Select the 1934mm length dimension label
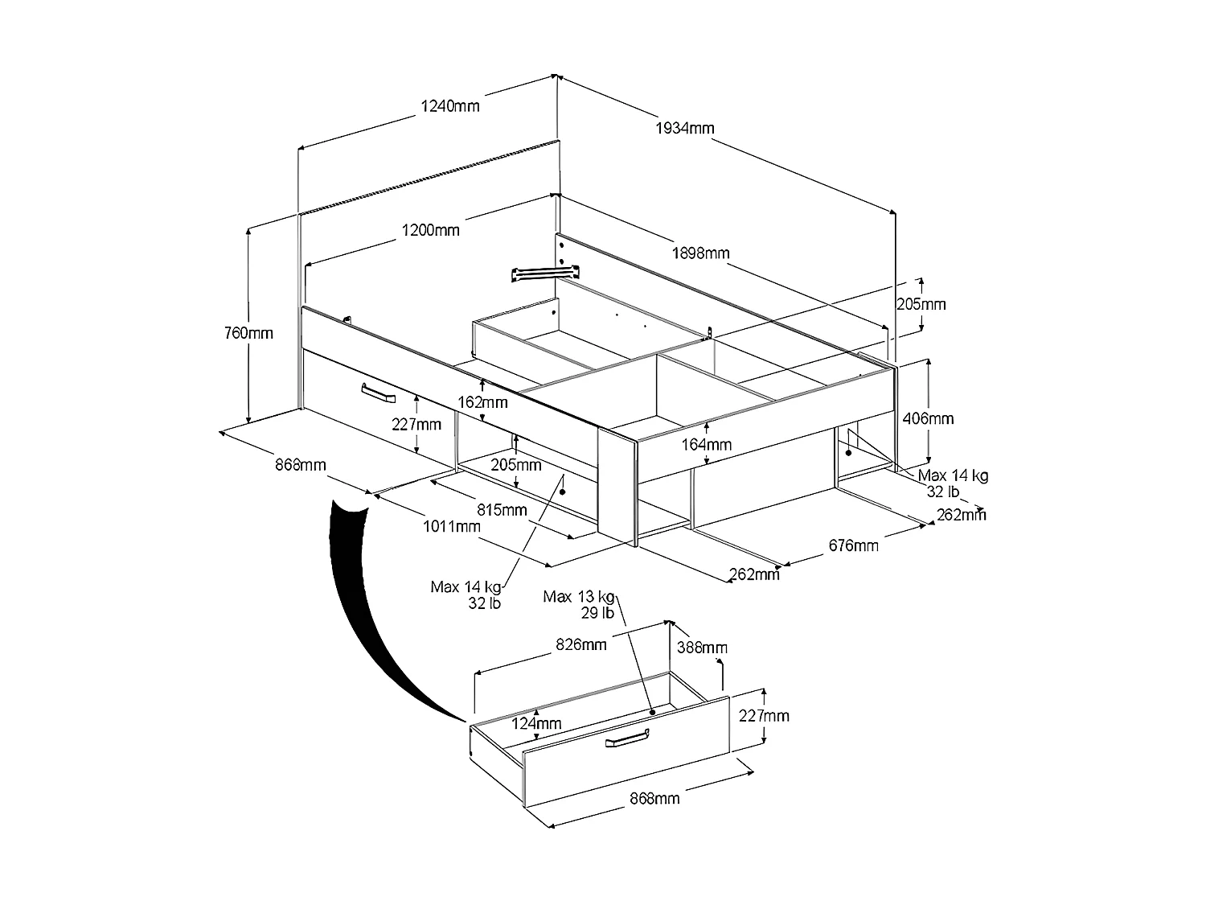coord(685,128)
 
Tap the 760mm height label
coord(249,333)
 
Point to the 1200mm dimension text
coord(431,230)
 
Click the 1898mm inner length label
coord(701,253)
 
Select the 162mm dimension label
coord(483,401)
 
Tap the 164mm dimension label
coord(708,444)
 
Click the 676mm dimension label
coord(854,546)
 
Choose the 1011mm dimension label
coord(452,527)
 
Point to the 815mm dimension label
coord(502,509)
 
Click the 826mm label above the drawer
coord(582,644)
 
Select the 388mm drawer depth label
coord(703,648)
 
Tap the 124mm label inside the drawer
coord(537,723)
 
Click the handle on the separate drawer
coord(627,738)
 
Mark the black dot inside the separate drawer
coord(652,712)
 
